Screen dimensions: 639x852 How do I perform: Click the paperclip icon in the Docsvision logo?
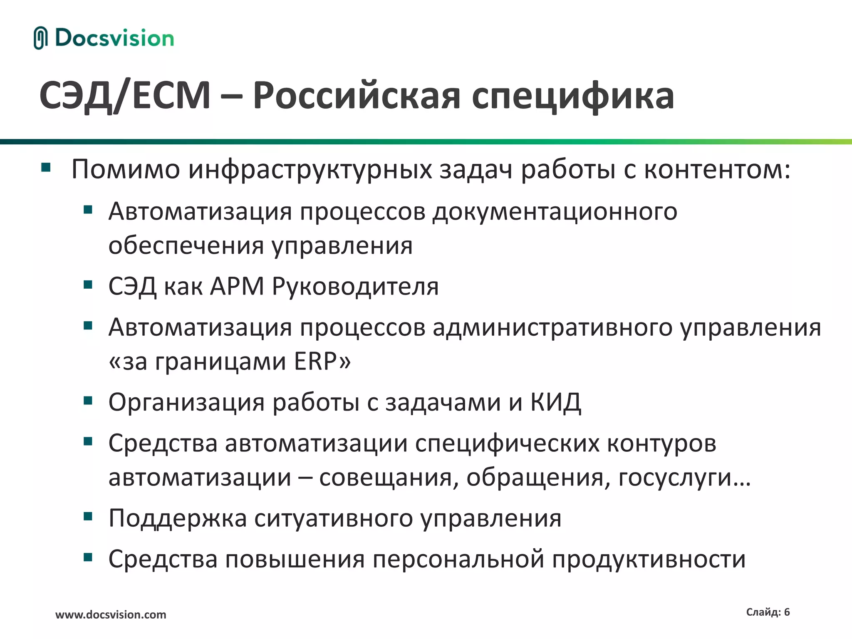(x=40, y=38)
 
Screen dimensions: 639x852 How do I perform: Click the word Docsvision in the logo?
(x=114, y=38)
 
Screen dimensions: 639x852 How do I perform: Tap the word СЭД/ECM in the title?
(x=125, y=96)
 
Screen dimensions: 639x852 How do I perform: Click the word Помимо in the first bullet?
(x=126, y=170)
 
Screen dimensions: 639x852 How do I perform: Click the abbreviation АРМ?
(x=237, y=287)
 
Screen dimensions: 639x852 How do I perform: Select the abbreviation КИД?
(x=555, y=402)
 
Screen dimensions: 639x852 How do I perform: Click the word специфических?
(x=507, y=443)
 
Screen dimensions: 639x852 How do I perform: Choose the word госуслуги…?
(x=684, y=478)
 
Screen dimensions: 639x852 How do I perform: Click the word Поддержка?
(x=178, y=519)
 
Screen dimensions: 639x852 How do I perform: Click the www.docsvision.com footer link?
(x=111, y=615)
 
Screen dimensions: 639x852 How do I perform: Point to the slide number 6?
(x=787, y=612)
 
